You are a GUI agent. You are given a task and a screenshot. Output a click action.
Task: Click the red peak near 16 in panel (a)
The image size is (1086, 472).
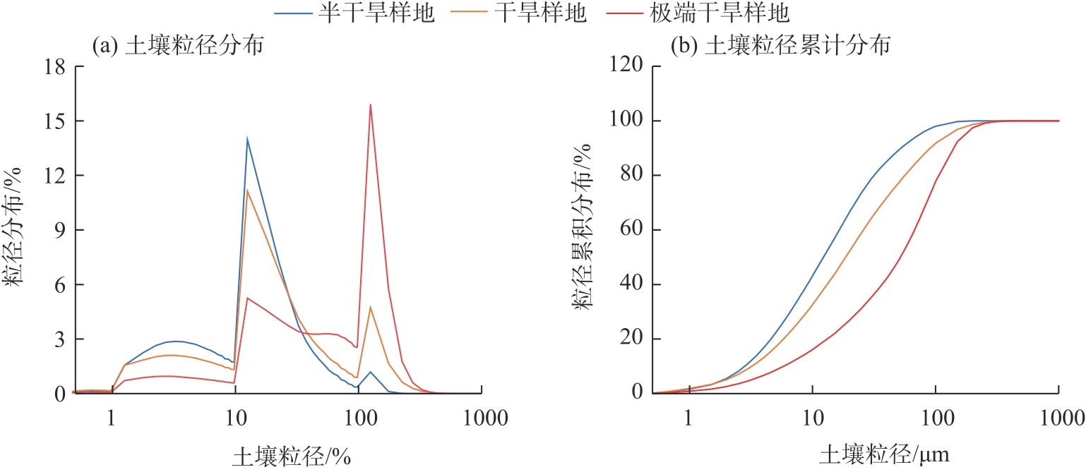point(370,105)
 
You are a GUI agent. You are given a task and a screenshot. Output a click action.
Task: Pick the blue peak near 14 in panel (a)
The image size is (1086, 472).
point(247,138)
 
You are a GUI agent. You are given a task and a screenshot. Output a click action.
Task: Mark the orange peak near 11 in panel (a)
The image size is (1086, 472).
point(247,190)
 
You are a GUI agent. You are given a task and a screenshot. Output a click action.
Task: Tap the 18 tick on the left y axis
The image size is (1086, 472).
point(54,67)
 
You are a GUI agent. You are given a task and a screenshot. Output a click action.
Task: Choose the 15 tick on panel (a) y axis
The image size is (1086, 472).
point(54,121)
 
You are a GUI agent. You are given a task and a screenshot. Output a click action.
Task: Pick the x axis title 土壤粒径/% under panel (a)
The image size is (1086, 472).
point(292,456)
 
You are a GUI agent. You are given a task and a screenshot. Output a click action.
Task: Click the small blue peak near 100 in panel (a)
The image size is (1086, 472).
point(370,371)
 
